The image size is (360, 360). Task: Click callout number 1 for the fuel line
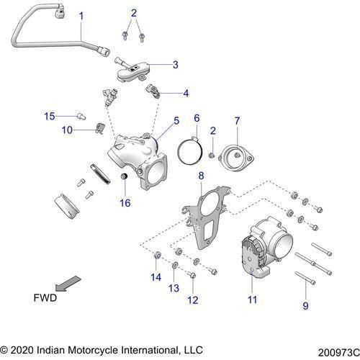pos(81,15)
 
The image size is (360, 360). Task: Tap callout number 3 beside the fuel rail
pos(175,65)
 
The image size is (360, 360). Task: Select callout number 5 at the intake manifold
pos(176,122)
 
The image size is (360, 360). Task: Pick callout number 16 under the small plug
pos(125,203)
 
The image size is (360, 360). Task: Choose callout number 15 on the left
pos(49,115)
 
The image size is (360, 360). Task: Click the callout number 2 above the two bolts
pos(134,13)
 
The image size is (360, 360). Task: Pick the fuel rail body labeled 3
pos(134,68)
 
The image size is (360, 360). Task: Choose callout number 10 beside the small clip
pos(67,130)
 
